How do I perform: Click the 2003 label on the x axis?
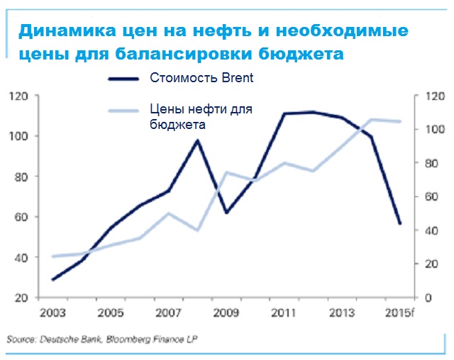pyautogui.click(x=54, y=313)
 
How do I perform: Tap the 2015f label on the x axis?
pyautogui.click(x=400, y=313)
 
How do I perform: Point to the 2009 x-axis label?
pyautogui.click(x=227, y=313)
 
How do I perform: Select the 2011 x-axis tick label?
pyautogui.click(x=284, y=313)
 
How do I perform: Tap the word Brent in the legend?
pyautogui.click(x=237, y=79)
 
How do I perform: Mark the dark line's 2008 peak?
pyautogui.click(x=198, y=140)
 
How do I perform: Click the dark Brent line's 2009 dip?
pyautogui.click(x=226, y=213)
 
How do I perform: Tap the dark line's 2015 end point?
pyautogui.click(x=400, y=224)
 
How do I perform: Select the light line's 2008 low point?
pyautogui.click(x=198, y=230)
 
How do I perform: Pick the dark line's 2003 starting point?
pyautogui.click(x=54, y=279)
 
